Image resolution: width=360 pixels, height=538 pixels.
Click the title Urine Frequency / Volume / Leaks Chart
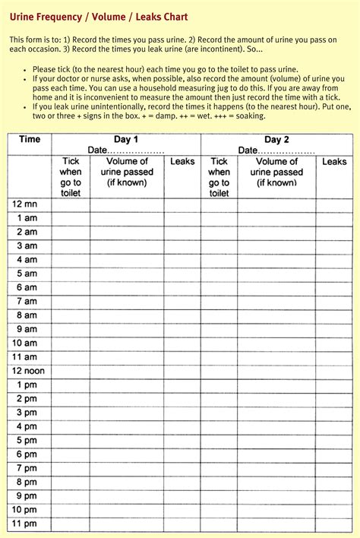tap(99, 17)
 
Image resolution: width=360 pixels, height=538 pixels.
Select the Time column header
tap(30, 140)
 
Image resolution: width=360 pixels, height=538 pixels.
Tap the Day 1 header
tap(126, 140)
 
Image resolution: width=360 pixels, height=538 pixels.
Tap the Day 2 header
tap(276, 140)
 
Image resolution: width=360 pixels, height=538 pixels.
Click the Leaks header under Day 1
tap(182, 162)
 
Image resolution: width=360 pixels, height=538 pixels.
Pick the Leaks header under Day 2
tap(334, 162)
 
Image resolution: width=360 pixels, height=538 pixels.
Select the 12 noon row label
tap(28, 371)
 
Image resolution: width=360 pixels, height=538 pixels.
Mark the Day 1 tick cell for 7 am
tap(71, 302)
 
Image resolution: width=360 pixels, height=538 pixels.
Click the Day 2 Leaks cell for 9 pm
tap(334, 496)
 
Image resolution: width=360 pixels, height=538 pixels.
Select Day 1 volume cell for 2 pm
tap(127, 399)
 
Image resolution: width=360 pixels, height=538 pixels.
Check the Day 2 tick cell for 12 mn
tap(219, 204)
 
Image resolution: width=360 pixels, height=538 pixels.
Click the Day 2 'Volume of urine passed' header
tap(276, 172)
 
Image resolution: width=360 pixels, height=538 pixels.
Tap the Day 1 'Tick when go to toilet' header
tap(71, 177)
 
